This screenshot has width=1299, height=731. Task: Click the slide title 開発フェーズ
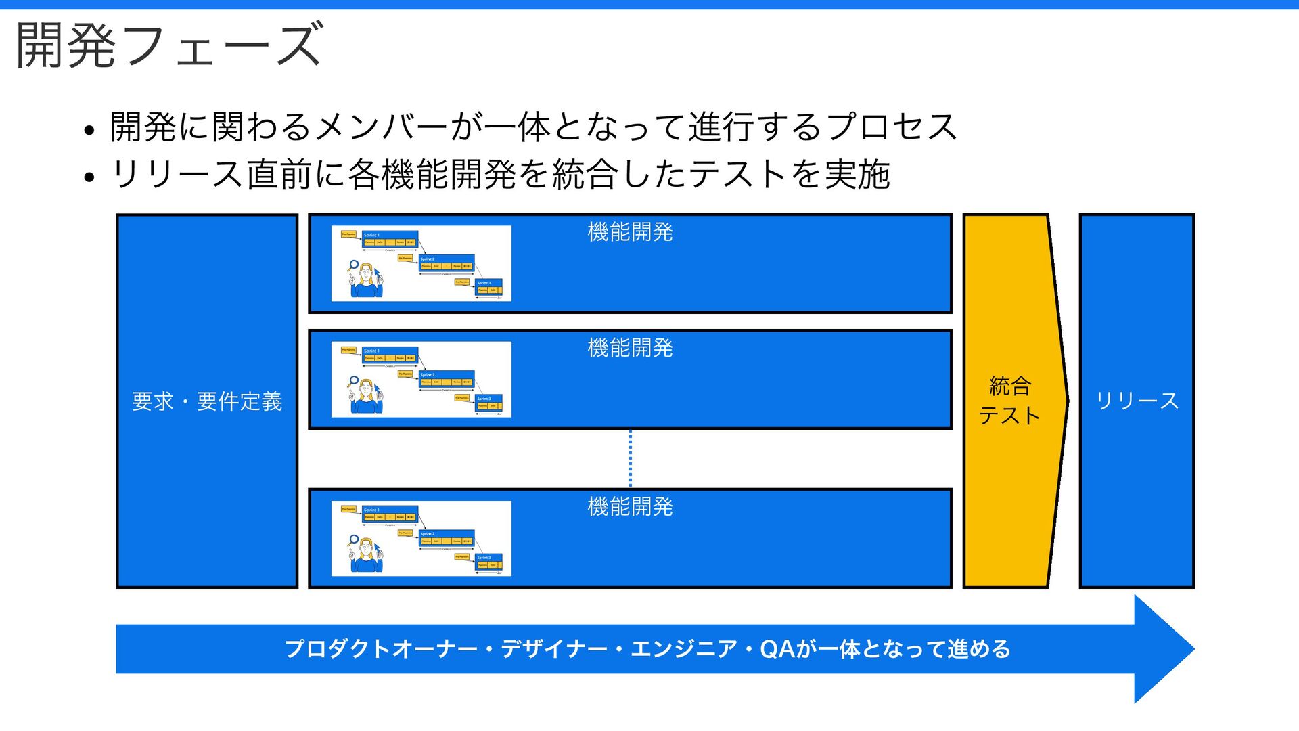click(169, 46)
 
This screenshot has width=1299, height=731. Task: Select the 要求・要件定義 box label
click(207, 401)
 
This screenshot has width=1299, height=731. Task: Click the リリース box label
click(1137, 401)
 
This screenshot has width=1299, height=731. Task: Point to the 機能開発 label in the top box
click(630, 232)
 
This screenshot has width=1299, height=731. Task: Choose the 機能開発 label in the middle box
click(630, 348)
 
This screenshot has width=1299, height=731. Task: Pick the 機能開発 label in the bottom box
click(630, 507)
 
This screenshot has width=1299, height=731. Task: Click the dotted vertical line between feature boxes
click(631, 458)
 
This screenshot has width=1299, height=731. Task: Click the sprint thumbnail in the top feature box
click(421, 263)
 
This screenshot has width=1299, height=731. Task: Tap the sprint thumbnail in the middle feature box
click(421, 379)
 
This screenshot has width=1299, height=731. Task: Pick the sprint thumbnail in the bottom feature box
click(421, 538)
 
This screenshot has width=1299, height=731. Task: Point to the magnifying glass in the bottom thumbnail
click(352, 541)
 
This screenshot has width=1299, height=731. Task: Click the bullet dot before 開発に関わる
click(89, 130)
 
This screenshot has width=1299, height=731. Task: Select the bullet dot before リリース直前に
click(89, 178)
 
